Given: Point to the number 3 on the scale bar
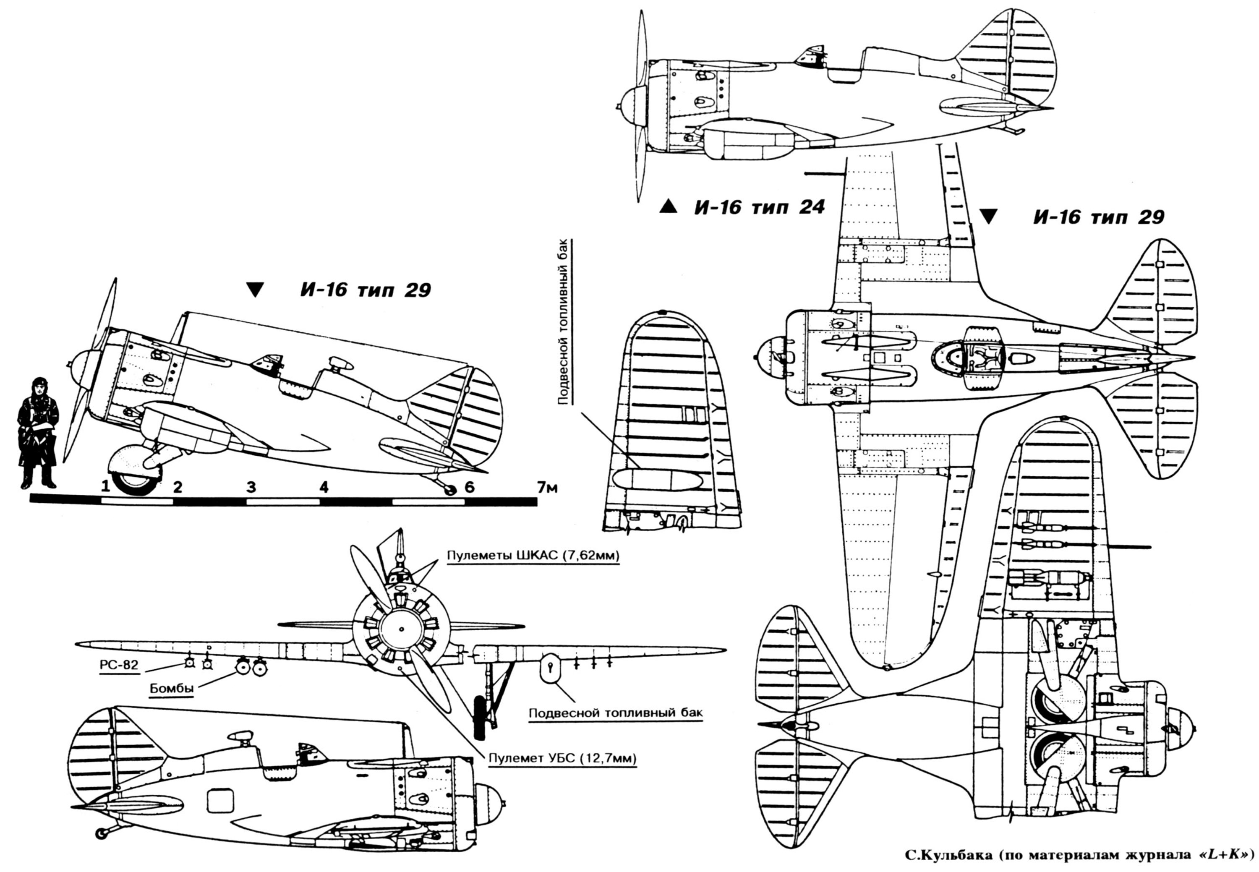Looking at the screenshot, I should [x=251, y=487].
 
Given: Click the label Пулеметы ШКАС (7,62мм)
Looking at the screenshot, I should [x=533, y=556].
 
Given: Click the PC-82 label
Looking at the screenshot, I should [x=119, y=665].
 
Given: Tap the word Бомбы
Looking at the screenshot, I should [x=172, y=688].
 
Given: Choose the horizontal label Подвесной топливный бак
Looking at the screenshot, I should [x=616, y=713].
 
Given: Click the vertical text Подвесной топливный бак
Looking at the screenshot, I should [x=564, y=321].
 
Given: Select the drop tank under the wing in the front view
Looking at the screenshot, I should [x=550, y=668].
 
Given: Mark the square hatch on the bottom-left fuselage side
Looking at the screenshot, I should [x=220, y=801].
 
